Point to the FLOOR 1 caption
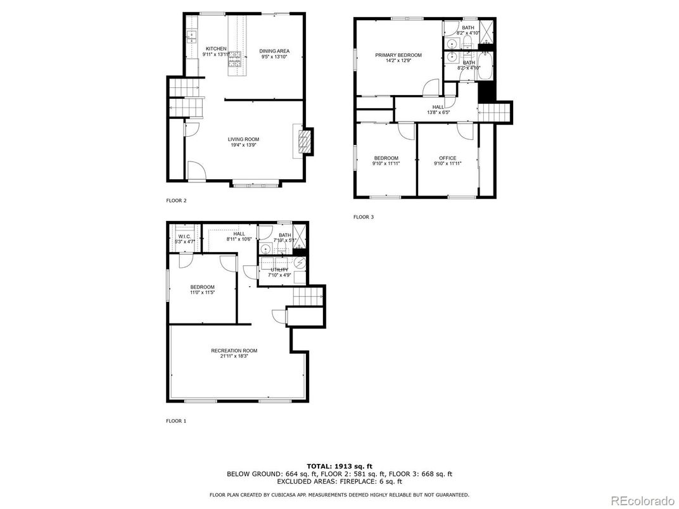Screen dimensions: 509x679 tap(176, 420)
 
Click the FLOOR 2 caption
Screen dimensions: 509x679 tap(176, 201)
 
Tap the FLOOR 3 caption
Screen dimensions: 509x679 tap(364, 217)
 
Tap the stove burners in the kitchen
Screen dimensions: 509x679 tap(236, 59)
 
